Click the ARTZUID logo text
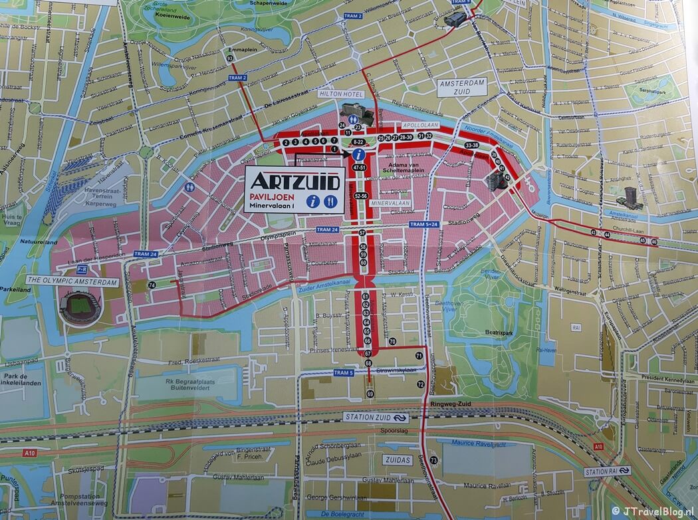[x=294, y=181]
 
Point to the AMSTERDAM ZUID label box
[x=461, y=88]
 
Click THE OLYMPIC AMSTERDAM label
[x=72, y=283]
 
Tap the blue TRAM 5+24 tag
[x=424, y=225]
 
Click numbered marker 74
[x=152, y=285]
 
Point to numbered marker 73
[x=433, y=460]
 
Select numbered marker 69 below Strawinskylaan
[x=370, y=395]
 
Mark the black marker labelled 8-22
[x=358, y=142]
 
